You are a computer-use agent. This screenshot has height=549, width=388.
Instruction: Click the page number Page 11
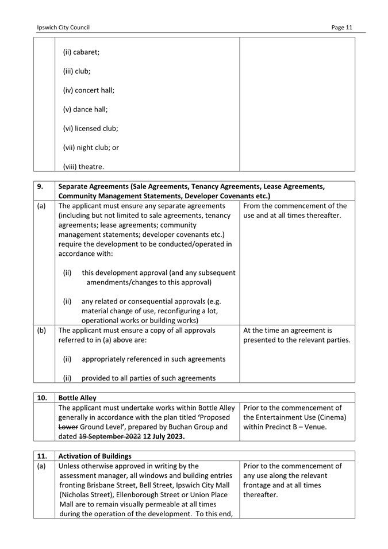343,27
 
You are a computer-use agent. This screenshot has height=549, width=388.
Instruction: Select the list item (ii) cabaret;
81,52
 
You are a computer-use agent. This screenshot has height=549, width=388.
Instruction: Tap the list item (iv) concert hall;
89,90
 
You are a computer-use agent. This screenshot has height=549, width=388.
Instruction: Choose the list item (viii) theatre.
83,167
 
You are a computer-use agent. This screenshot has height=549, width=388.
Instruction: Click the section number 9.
41,186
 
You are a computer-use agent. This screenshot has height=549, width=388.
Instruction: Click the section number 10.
42,397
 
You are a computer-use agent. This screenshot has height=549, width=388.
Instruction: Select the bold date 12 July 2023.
164,436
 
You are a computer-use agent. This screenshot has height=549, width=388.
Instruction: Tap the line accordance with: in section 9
86,254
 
